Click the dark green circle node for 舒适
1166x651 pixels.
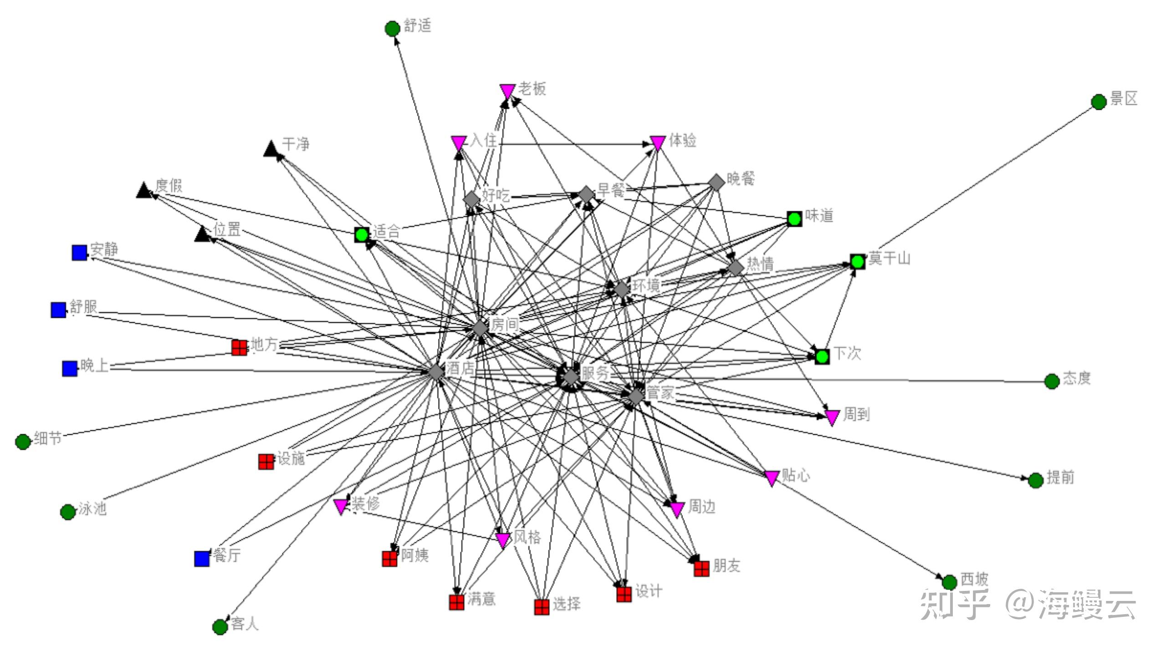(392, 29)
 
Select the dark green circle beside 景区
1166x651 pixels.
(1099, 102)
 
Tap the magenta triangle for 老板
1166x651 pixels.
(507, 91)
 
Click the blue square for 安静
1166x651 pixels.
(79, 253)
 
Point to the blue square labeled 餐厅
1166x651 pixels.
(202, 559)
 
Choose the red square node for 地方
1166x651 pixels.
(240, 347)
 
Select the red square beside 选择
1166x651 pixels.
(542, 607)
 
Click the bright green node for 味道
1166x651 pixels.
(794, 219)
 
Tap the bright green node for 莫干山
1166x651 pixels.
(857, 262)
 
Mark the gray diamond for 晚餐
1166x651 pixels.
(716, 182)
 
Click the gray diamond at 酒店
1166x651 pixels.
(436, 371)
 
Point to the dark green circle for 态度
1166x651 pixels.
(1052, 381)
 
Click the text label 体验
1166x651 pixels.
(682, 141)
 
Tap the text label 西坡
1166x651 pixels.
(974, 579)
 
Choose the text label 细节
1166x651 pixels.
(48, 438)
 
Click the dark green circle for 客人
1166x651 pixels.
(220, 627)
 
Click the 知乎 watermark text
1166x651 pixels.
(955, 604)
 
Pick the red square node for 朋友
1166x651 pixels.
(701, 569)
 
